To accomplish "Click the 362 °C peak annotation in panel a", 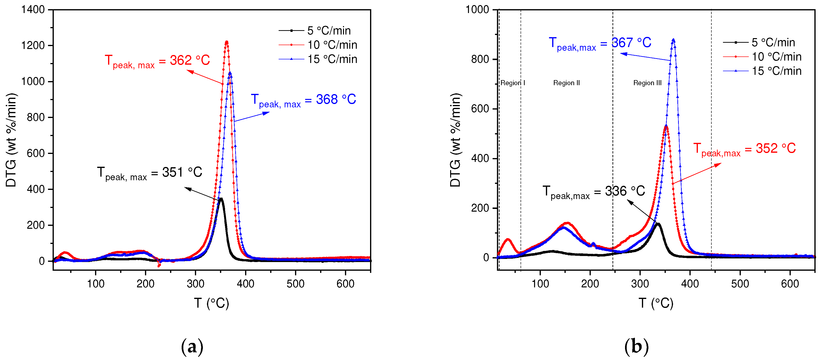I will pos(157,61).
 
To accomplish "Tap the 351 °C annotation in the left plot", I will pos(150,173).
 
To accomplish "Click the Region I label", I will pos(513,83).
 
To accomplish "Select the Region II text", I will pos(566,83).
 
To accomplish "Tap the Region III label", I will pos(647,83).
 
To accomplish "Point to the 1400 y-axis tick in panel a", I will pos(33,10).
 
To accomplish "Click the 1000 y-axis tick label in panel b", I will pos(477,10).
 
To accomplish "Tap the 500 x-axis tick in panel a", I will pos(295,284).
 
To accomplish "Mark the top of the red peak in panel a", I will pos(227,42).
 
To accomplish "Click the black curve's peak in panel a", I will pos(221,199).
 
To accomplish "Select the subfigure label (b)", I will pos(636,347).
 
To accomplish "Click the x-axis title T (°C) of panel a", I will pos(211,304).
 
